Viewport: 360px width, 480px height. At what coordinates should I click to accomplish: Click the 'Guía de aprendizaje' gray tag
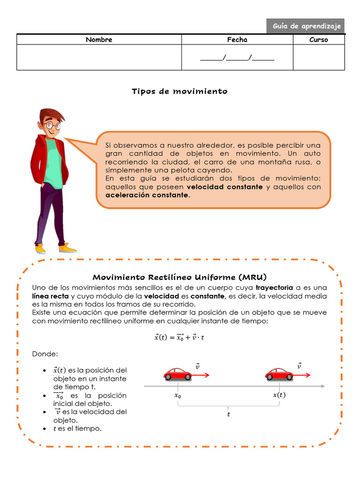click(x=306, y=26)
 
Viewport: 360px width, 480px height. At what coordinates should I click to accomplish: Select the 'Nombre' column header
click(x=99, y=39)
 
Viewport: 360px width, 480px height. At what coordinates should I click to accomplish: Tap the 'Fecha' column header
click(x=237, y=39)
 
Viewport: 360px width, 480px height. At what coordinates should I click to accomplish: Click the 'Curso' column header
click(x=319, y=39)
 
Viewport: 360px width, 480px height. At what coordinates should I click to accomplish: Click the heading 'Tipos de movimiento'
click(x=180, y=91)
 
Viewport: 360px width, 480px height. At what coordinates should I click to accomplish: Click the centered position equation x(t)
click(x=180, y=337)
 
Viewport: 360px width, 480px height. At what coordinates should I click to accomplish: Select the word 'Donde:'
click(x=45, y=353)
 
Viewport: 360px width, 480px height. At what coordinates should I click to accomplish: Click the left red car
click(x=178, y=374)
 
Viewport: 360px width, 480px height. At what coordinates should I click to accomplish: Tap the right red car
click(x=279, y=374)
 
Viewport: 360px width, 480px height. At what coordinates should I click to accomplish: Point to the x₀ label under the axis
click(x=178, y=396)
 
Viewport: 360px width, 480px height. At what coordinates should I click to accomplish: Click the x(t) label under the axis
click(x=279, y=395)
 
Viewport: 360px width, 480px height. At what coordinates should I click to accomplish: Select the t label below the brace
click(x=229, y=414)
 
